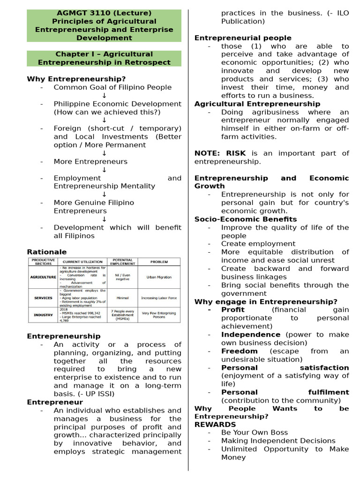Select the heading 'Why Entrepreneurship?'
[x=76, y=79]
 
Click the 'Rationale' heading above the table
[x=47, y=252]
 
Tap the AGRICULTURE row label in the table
[x=43, y=277]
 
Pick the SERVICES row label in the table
[x=43, y=298]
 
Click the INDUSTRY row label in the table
[x=43, y=315]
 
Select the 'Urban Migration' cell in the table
[x=159, y=277]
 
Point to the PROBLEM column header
[x=159, y=262]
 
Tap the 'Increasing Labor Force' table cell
[x=159, y=298]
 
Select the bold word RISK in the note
[x=236, y=153]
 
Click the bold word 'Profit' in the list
[x=233, y=310]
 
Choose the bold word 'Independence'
[x=251, y=335]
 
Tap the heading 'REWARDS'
[x=209, y=424]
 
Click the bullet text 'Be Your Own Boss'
[x=255, y=433]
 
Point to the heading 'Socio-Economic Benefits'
[x=246, y=219]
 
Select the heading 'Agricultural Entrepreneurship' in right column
[x=257, y=104]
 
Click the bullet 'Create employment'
[x=258, y=244]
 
